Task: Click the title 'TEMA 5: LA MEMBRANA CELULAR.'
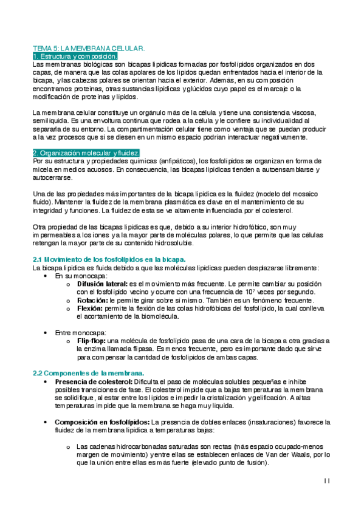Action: (88, 47)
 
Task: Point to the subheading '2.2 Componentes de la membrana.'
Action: (88, 372)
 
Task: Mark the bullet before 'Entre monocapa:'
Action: (47, 333)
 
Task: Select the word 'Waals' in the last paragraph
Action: (300, 453)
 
